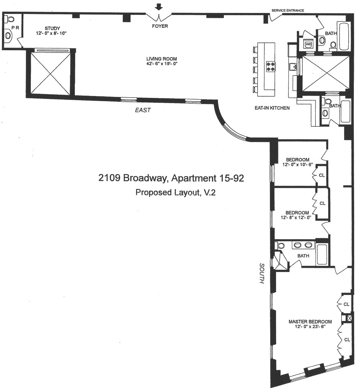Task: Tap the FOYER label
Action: (160, 26)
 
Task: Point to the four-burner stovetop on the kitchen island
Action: (271, 66)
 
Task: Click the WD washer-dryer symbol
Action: (308, 44)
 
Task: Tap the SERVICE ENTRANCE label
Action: (288, 10)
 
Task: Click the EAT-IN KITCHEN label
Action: (272, 108)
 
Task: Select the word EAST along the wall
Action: (143, 110)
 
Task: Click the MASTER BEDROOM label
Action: (310, 322)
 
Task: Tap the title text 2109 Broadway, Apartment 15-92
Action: (171, 178)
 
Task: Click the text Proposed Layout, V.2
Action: (175, 193)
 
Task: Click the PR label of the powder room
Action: (15, 28)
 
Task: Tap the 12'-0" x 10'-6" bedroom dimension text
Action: (297, 165)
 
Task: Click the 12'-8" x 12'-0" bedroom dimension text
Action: (296, 218)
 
